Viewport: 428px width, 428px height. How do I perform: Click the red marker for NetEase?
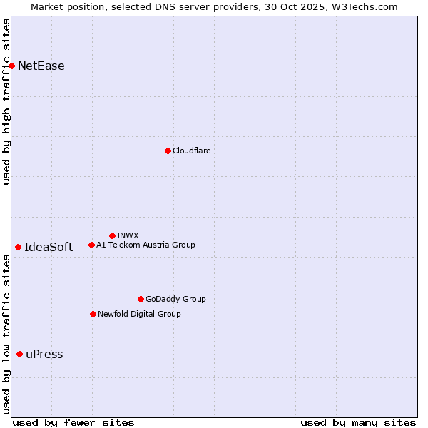[x=12, y=66]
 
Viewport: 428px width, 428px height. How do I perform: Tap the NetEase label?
[x=41, y=66]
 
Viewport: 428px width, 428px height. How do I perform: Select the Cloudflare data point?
[x=168, y=151]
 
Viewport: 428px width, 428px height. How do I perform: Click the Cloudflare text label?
[x=191, y=151]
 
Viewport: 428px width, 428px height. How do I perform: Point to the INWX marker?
[x=112, y=235]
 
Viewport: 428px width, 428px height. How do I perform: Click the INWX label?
[x=128, y=235]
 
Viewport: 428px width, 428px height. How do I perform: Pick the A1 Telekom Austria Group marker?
[x=91, y=245]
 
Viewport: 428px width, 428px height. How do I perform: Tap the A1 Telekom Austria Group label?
[x=146, y=245]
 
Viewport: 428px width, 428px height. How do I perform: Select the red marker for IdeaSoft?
[x=18, y=247]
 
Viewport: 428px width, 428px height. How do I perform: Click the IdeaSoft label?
[x=49, y=248]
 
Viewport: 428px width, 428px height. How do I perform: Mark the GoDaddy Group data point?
[x=141, y=299]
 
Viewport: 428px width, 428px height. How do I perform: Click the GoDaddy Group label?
[x=175, y=299]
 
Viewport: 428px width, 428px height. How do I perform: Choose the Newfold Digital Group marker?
[x=93, y=314]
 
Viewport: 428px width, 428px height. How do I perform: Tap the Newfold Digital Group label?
[x=139, y=314]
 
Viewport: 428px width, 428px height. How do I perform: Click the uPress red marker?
[x=19, y=355]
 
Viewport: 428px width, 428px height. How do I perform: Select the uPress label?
[x=44, y=355]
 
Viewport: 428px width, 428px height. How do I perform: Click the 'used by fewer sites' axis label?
[x=73, y=422]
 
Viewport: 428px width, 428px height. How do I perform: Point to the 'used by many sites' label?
[x=358, y=422]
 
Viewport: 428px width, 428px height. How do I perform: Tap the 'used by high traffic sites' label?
[x=6, y=102]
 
